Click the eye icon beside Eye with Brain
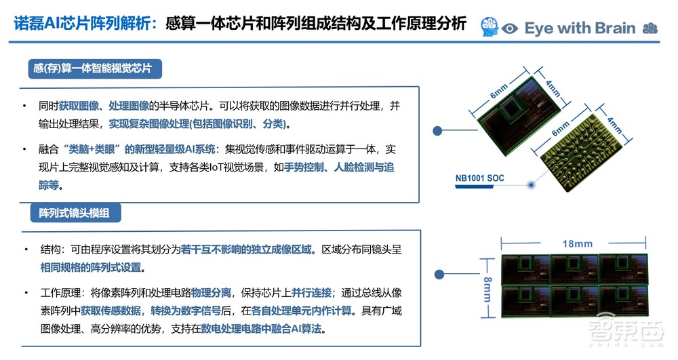coord(510,28)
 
